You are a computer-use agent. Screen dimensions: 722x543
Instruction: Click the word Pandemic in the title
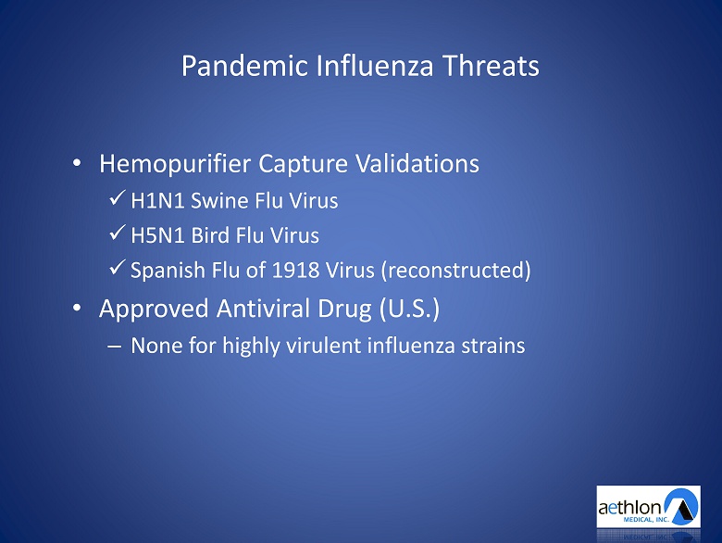tap(244, 66)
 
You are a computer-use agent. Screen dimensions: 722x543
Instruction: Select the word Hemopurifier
tap(176, 164)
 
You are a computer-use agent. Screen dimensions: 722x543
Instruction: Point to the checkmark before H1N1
tap(117, 197)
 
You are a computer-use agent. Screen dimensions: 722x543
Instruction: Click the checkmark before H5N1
tap(117, 233)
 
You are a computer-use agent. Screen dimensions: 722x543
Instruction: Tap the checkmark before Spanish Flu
tap(117, 267)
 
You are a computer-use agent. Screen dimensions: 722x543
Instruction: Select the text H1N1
tap(157, 201)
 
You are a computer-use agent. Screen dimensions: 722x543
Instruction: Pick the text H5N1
tap(157, 235)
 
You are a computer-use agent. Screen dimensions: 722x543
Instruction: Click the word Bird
tap(210, 235)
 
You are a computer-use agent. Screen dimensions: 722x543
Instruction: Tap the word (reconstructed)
tap(455, 271)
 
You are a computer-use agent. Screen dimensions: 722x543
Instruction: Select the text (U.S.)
tap(410, 309)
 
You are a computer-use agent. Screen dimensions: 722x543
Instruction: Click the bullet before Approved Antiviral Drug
tap(77, 308)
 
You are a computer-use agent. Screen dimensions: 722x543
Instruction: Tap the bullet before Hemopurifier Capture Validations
tap(77, 163)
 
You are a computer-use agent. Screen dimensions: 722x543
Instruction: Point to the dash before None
tap(114, 347)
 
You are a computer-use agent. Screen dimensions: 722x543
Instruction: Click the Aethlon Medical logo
tap(648, 507)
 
